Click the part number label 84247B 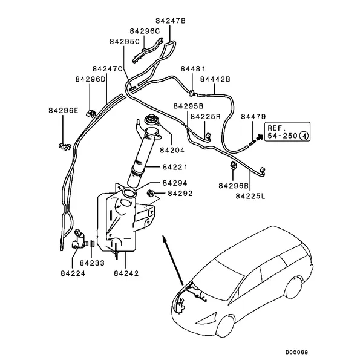(171, 21)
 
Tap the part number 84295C (125, 41)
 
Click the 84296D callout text (91, 79)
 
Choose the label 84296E (64, 111)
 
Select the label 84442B (215, 79)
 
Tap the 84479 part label (253, 116)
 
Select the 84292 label (180, 194)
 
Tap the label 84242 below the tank (126, 273)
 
